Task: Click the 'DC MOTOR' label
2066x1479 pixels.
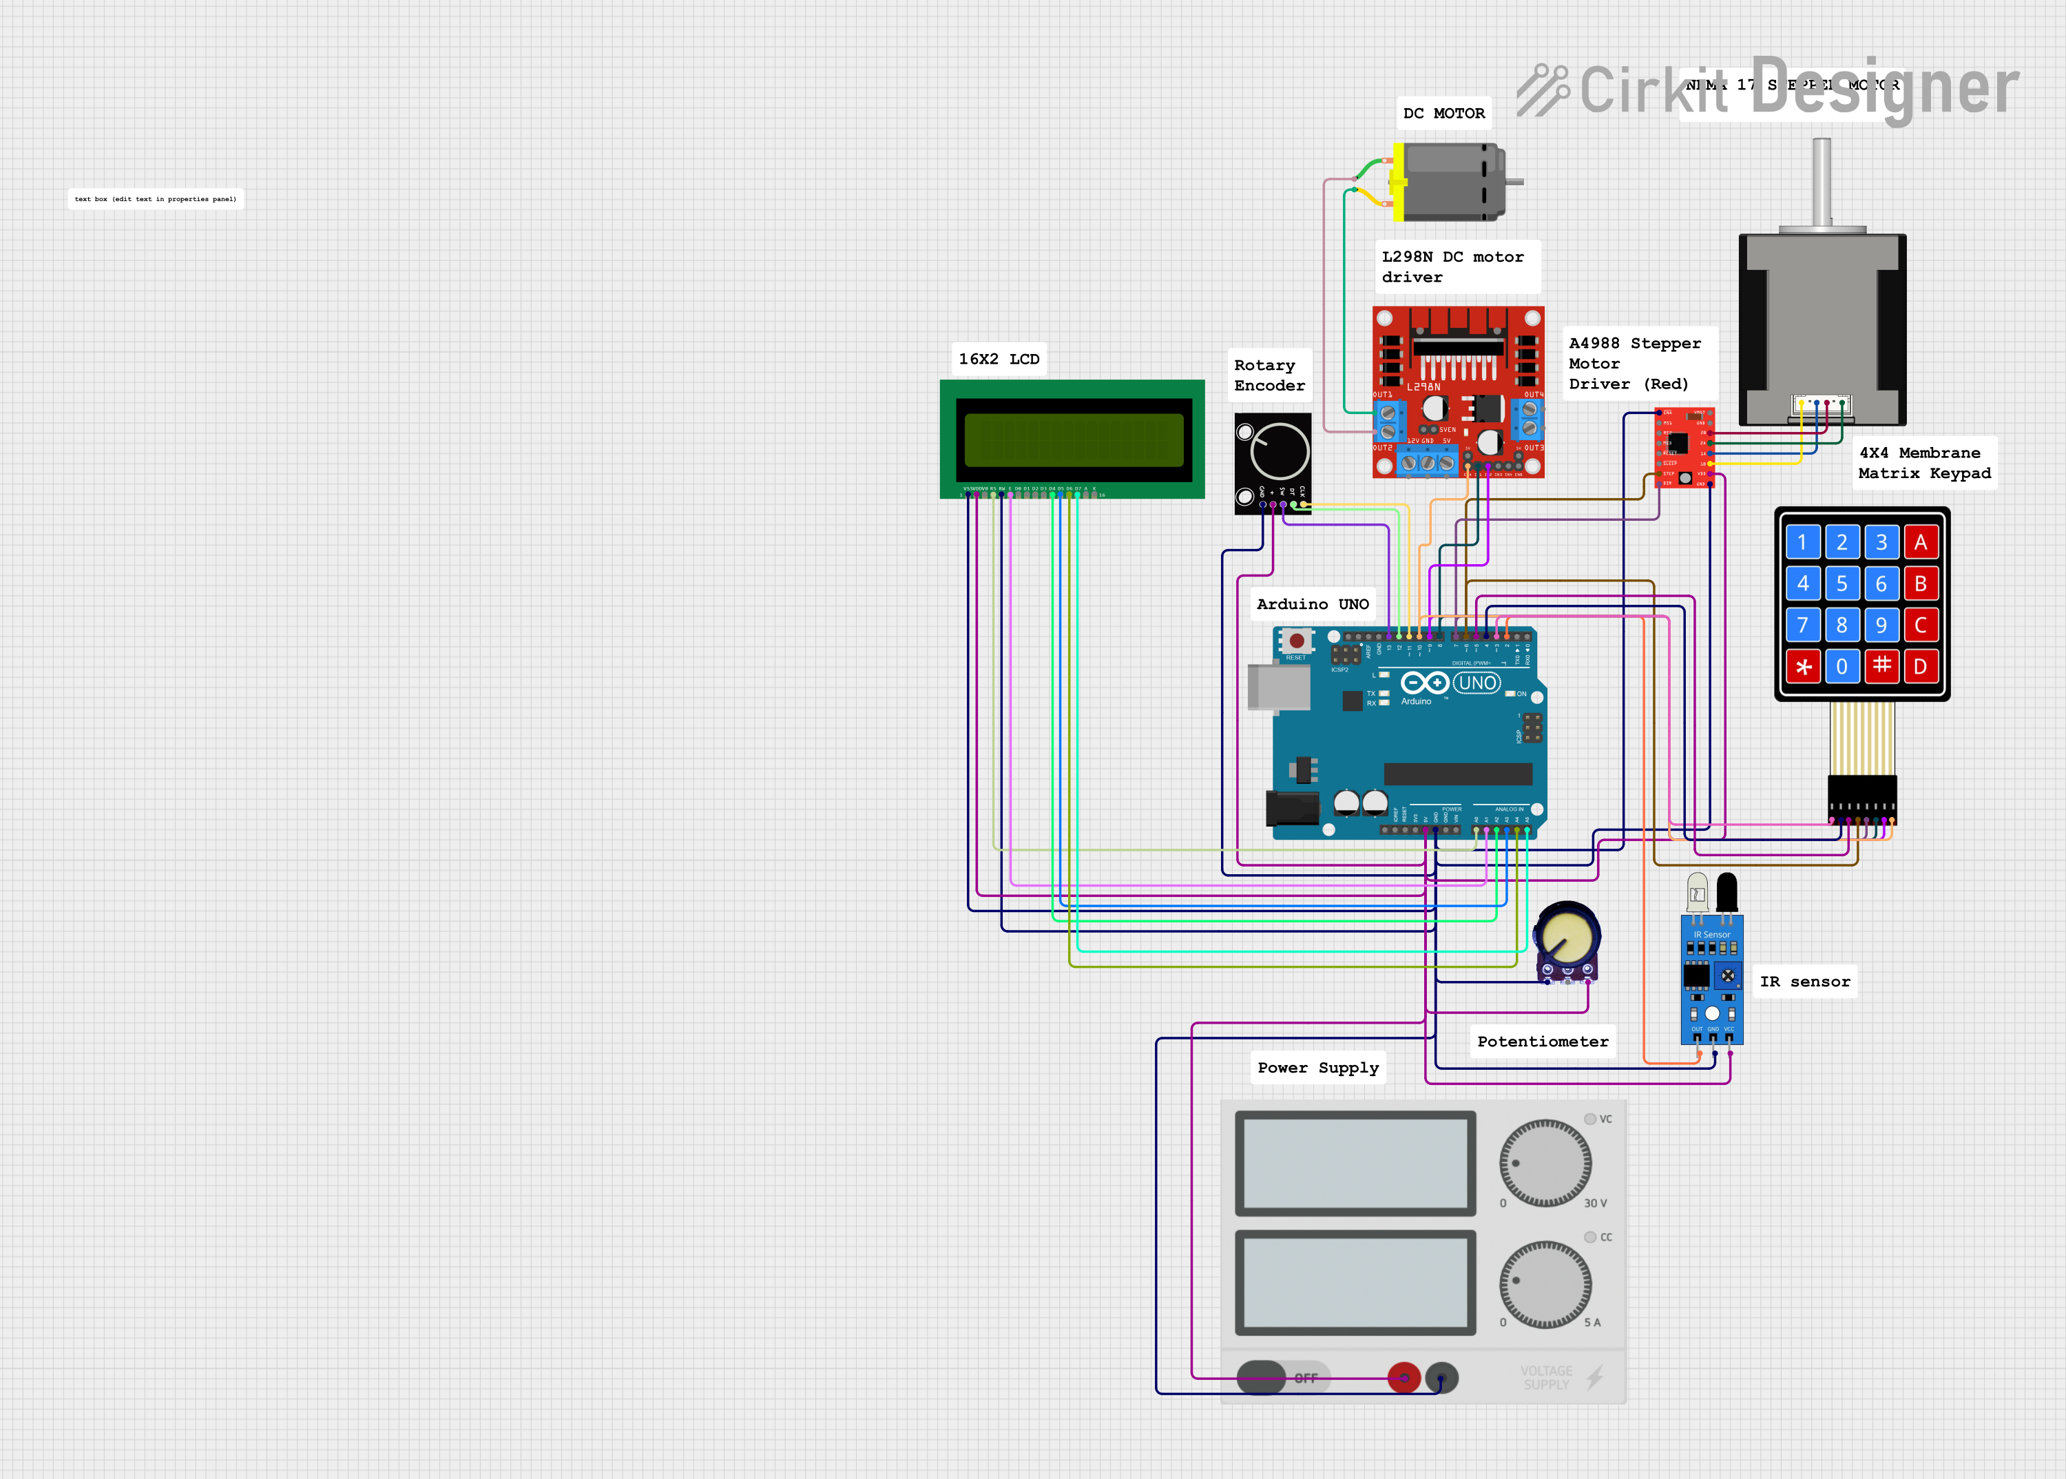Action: [1443, 113]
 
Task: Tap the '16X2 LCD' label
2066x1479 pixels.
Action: [998, 359]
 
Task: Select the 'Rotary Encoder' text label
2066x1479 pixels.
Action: [1269, 375]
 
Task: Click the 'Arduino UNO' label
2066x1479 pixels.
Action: [1312, 604]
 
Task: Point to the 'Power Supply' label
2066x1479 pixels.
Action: [1317, 1067]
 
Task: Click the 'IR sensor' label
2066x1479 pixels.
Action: [1804, 981]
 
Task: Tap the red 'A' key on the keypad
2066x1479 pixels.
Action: [1919, 543]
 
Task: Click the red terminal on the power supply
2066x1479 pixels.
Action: [1403, 1377]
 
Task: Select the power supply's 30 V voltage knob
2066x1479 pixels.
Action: [1545, 1163]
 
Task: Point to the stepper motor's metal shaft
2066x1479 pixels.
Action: [1821, 182]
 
